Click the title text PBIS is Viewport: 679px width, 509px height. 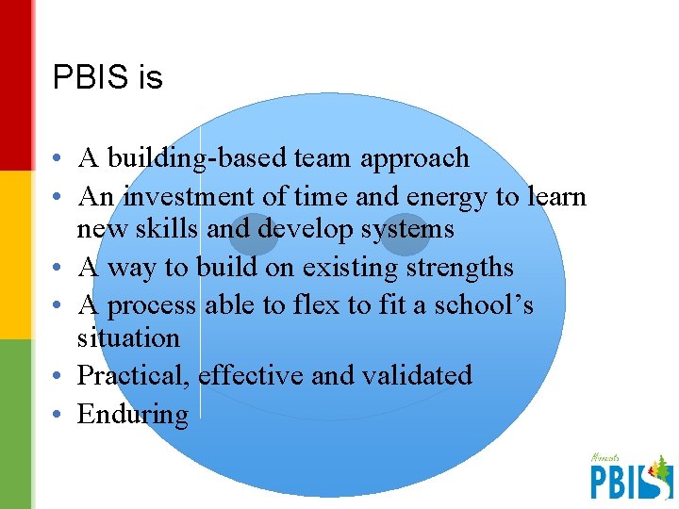pyautogui.click(x=108, y=77)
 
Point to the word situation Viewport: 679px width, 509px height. pyautogui.click(x=127, y=337)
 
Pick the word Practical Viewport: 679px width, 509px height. pyautogui.click(x=135, y=375)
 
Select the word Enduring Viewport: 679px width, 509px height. pyautogui.click(x=132, y=414)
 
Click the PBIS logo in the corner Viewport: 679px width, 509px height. pyautogui.click(x=630, y=476)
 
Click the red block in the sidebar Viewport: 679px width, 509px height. pyautogui.click(x=16, y=85)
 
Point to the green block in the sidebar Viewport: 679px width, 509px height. pyautogui.click(x=16, y=424)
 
